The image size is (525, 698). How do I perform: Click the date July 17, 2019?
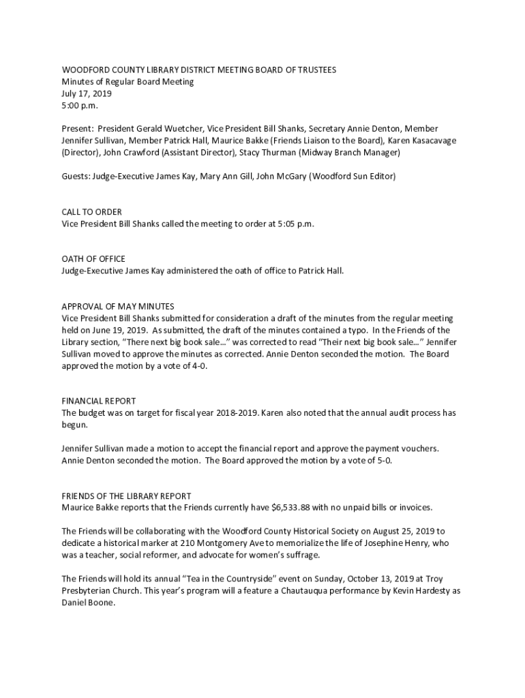[x=87, y=93]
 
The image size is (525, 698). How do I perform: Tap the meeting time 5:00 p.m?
[x=80, y=106]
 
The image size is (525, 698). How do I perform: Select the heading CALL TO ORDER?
[x=91, y=212]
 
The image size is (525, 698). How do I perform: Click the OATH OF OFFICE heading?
[x=93, y=259]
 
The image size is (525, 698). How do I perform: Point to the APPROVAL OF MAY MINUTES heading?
[x=118, y=307]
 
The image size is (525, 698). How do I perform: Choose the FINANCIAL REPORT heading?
[x=99, y=401]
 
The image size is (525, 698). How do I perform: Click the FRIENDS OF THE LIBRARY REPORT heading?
[x=126, y=496]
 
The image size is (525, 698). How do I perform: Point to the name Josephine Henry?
[x=394, y=543]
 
